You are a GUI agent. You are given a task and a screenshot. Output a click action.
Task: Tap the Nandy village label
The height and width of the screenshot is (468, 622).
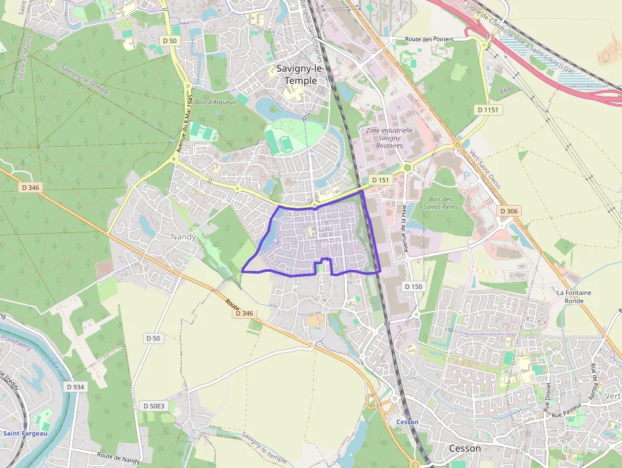[183, 236]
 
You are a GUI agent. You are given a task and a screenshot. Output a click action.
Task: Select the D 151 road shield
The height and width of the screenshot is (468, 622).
[380, 180]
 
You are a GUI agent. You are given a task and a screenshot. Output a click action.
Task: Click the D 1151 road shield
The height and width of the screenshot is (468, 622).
[489, 110]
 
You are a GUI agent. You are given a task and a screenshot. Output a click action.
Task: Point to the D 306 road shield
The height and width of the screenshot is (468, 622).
[509, 211]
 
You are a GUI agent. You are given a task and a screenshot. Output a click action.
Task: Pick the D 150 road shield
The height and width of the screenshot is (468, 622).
[413, 286]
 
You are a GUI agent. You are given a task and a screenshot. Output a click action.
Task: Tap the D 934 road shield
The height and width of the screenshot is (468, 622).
[74, 387]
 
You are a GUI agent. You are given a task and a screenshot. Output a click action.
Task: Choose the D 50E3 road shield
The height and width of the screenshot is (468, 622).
[154, 406]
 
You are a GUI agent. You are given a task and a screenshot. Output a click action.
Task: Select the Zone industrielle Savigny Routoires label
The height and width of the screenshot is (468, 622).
[390, 138]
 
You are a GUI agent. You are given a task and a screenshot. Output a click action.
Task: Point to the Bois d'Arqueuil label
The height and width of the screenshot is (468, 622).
[215, 102]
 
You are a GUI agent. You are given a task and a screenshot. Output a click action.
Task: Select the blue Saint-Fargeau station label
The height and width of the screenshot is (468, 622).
[25, 434]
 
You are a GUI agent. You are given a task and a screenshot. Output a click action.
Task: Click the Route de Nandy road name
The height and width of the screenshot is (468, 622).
[119, 456]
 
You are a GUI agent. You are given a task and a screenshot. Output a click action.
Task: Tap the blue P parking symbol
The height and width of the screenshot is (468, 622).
[467, 176]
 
